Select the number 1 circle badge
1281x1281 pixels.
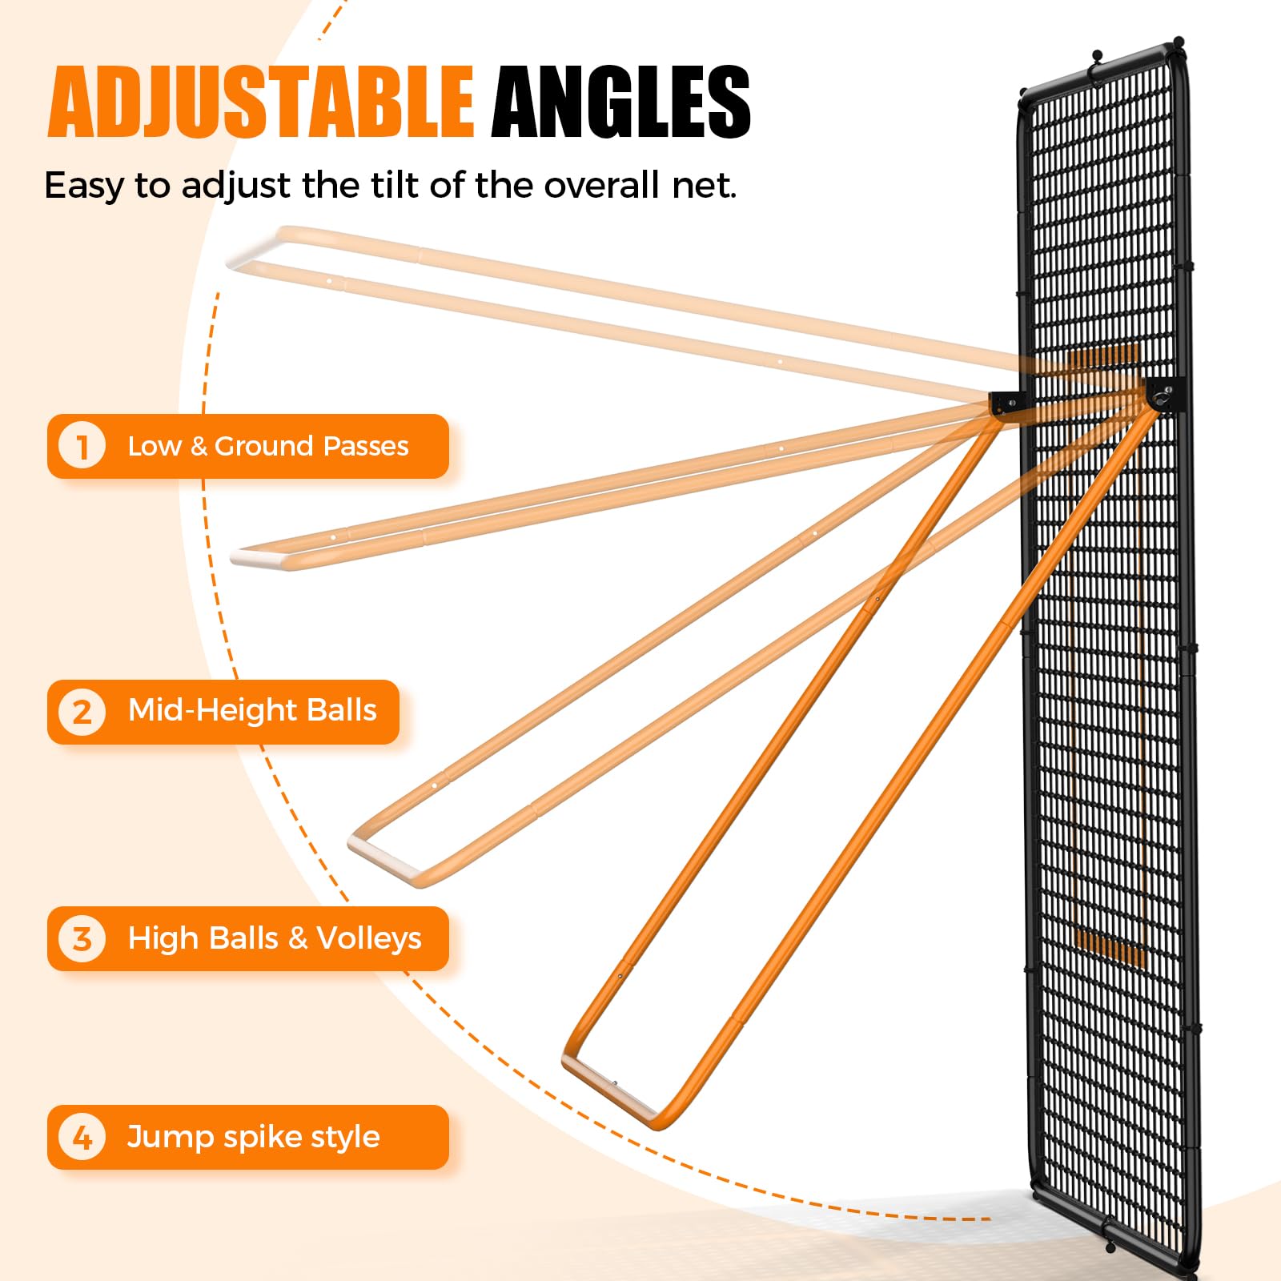(82, 446)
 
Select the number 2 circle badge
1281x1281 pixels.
(82, 711)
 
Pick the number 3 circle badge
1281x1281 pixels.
(82, 938)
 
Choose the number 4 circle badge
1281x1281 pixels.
(82, 1137)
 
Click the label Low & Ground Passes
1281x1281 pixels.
(268, 446)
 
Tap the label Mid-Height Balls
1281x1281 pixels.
(252, 711)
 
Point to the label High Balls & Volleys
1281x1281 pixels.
(275, 938)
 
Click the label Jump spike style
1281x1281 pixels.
(253, 1137)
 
